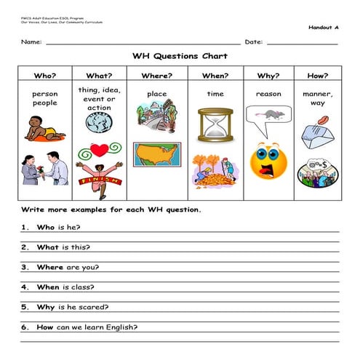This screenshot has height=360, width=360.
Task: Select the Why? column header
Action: coord(268,75)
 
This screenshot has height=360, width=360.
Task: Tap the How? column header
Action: coord(317,75)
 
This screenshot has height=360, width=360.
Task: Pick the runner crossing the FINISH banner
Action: coord(99,179)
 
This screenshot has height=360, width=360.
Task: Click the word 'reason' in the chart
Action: coord(268,94)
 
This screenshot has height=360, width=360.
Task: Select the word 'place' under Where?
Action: coord(156,94)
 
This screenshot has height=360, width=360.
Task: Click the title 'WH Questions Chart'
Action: coord(180,56)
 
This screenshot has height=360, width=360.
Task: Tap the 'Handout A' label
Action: coord(324,27)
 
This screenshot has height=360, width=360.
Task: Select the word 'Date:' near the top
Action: coord(254,41)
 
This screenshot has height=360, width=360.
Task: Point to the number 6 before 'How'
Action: coord(23,327)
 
